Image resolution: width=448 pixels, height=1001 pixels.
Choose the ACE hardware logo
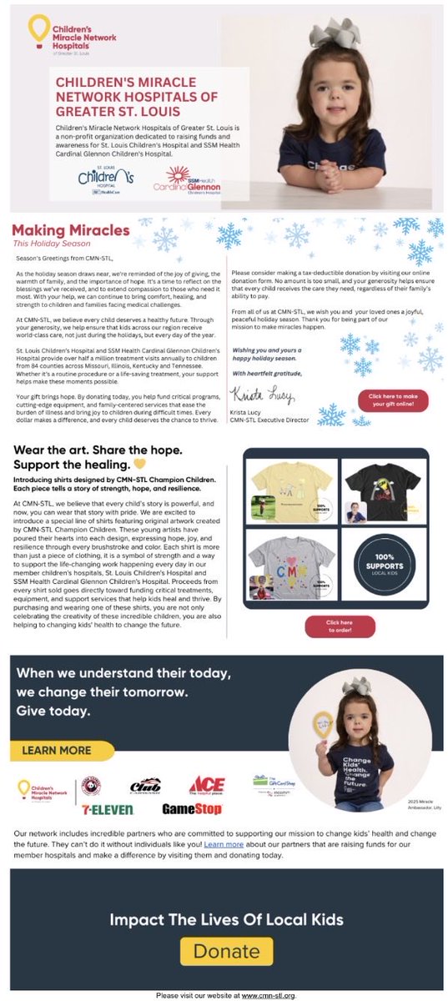click(207, 784)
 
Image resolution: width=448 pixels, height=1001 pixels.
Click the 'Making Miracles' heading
click(71, 230)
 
